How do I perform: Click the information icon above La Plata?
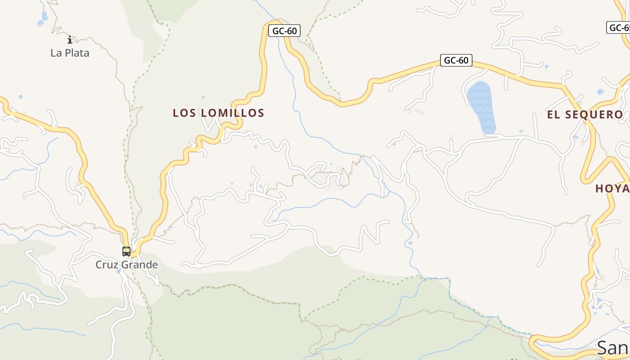pos(69,40)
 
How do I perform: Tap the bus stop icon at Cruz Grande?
pos(126,251)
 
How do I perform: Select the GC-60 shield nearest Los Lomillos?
pos(284,31)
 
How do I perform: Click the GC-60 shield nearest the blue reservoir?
pos(456,60)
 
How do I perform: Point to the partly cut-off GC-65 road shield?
pos(619,27)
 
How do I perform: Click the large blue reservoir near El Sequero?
pos(481,107)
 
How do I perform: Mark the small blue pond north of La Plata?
pos(44,17)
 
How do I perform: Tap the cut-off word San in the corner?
pos(613,348)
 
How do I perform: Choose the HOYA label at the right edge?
pos(612,189)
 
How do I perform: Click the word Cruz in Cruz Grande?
pos(106,265)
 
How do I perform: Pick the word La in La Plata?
pos(56,53)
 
